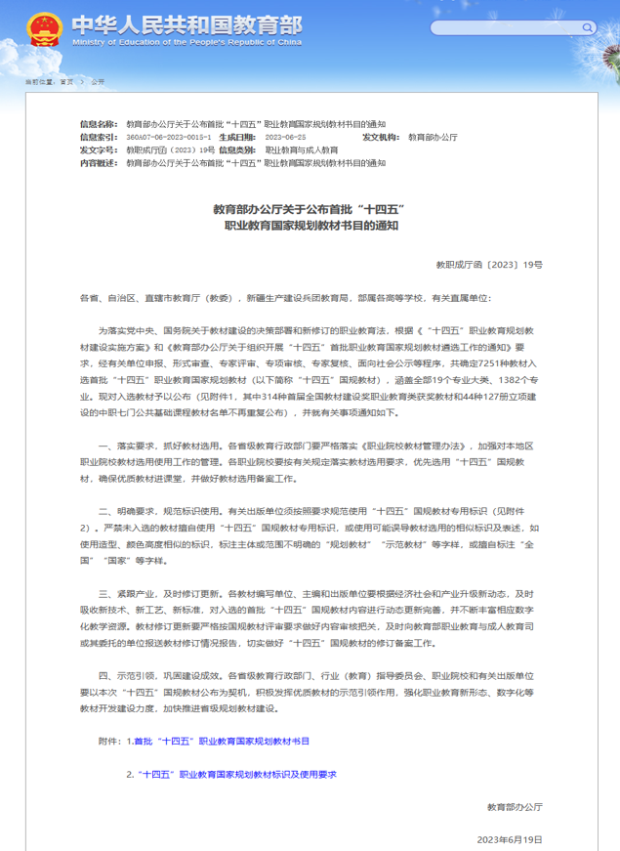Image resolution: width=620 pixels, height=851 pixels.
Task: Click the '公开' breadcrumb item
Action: coord(98,82)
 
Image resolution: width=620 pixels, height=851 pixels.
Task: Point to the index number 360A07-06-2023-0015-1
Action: coord(168,138)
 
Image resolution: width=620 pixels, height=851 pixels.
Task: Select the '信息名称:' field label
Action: coord(101,125)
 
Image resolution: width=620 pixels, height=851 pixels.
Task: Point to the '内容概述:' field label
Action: coord(101,163)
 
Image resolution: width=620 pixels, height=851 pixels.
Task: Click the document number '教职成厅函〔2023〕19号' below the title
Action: coord(488,265)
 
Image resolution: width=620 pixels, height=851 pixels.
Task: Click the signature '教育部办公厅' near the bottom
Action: coord(514,807)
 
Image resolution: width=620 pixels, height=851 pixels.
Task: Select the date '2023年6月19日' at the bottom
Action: coord(509,839)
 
